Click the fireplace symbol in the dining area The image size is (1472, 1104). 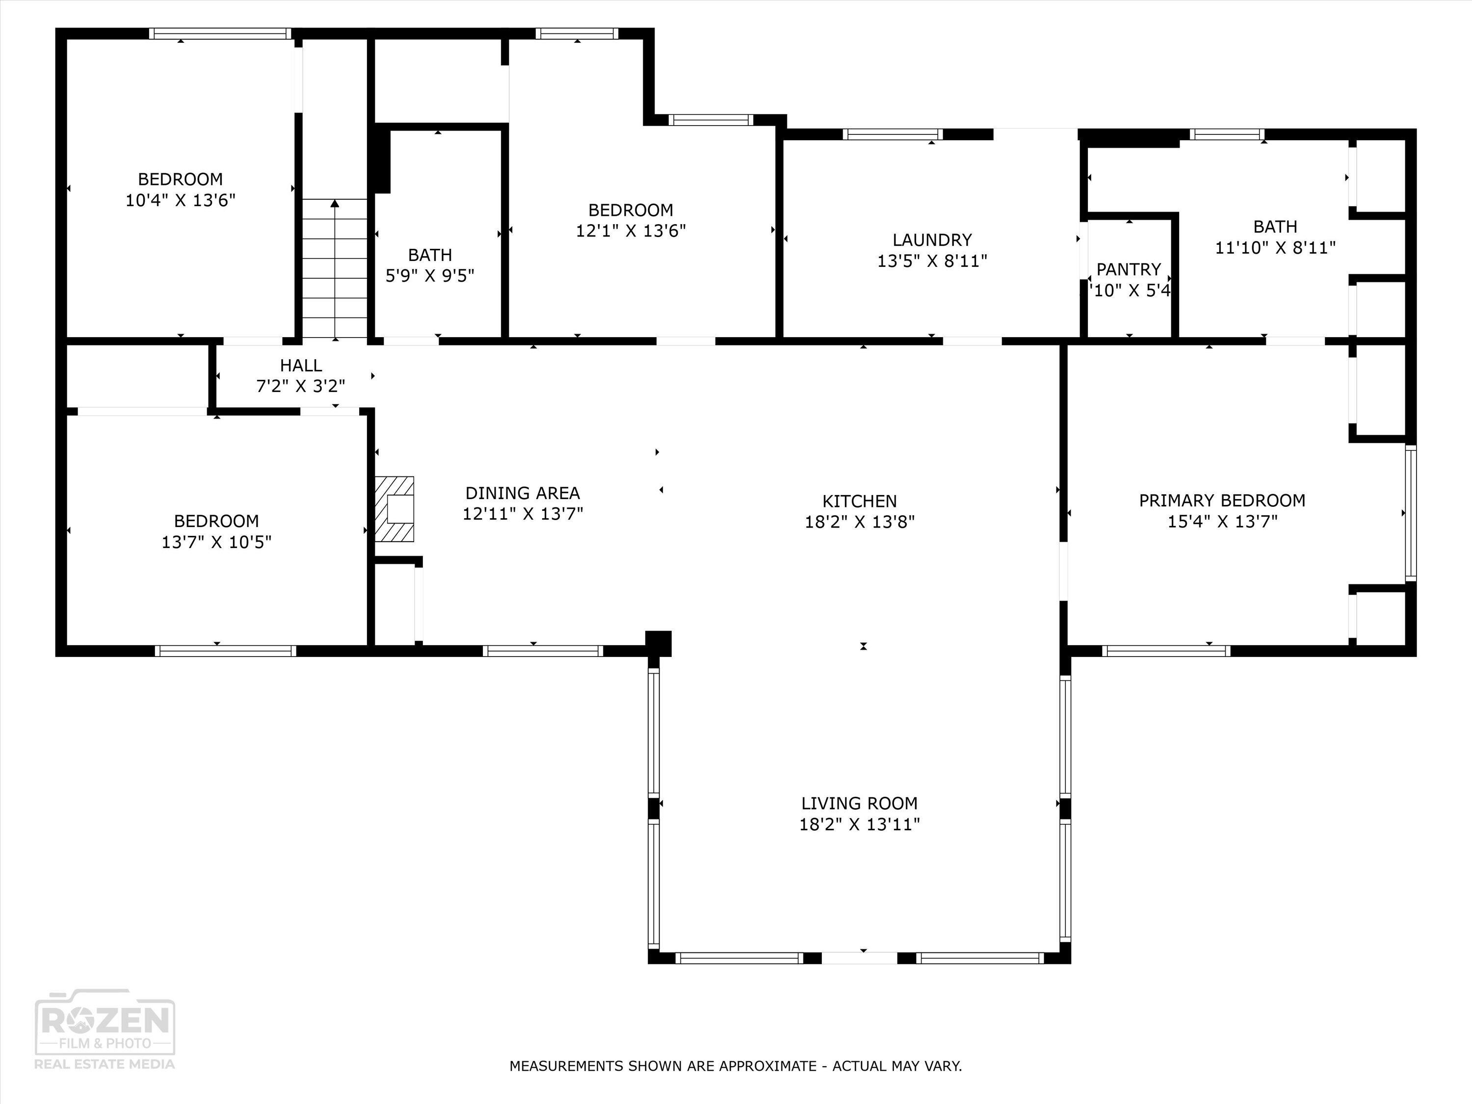coord(394,509)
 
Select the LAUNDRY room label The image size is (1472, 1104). coord(932,239)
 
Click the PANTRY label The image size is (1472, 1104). coord(1129,269)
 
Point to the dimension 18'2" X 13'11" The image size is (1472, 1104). coord(859,824)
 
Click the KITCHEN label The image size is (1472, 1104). coord(859,501)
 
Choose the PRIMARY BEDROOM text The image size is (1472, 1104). coord(1222,500)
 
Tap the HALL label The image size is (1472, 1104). coord(301,366)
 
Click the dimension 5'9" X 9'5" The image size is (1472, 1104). coord(430,275)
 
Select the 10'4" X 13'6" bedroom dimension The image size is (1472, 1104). coord(181,200)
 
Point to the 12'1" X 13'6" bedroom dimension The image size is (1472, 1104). coord(630,231)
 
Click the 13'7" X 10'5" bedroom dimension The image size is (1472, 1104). coord(216,542)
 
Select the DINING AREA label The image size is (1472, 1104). coord(523,493)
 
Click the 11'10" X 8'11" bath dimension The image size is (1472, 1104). coord(1275,248)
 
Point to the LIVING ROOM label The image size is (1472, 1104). coord(859,803)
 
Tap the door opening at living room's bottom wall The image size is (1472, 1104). coord(859,958)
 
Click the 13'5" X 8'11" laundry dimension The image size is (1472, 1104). coord(932,261)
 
